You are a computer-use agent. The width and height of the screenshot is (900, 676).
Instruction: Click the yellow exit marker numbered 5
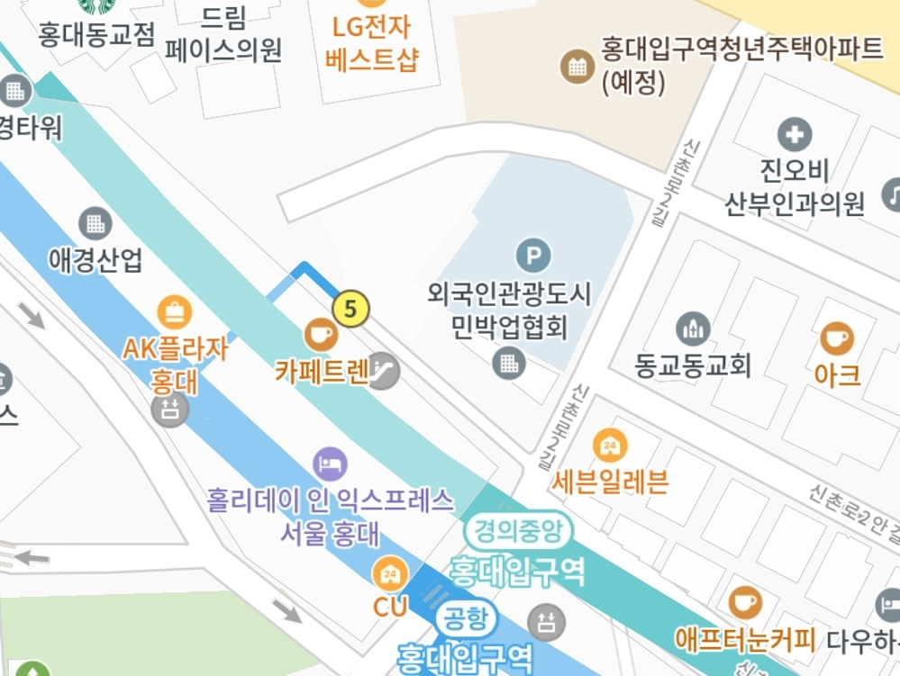coord(350,309)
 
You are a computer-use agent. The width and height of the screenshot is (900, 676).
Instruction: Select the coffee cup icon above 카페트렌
coord(320,335)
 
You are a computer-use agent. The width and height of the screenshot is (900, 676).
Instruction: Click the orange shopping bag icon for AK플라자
coord(174,312)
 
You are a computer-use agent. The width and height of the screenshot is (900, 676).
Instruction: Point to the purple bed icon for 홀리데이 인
coord(329,464)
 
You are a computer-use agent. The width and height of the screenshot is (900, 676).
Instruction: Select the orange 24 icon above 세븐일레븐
coord(610,444)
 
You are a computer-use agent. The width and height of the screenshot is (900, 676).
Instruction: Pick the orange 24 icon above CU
coord(390,573)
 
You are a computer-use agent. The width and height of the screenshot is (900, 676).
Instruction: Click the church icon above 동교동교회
coord(692,329)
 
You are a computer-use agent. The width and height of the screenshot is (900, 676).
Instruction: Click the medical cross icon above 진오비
coord(794,135)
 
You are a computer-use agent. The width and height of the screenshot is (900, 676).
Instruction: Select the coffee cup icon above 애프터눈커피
coord(745,602)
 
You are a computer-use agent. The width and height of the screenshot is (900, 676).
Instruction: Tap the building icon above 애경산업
coord(95,221)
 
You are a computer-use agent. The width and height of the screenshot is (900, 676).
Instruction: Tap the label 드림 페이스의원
coord(224,35)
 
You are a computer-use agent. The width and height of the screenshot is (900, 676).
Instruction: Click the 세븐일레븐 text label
coord(611,482)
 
